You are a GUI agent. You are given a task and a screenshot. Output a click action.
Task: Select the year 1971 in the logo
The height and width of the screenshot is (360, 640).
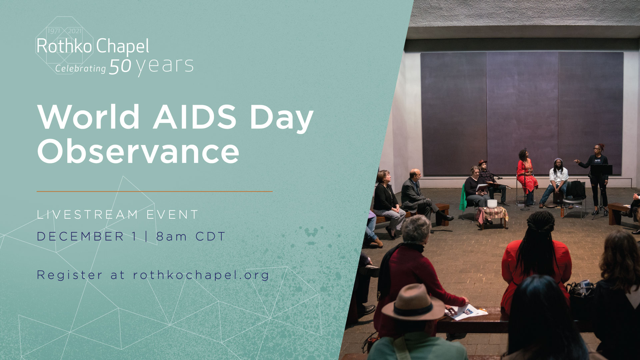tap(54, 31)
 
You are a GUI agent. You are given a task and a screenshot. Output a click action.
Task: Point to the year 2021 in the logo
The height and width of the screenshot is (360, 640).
tap(75, 31)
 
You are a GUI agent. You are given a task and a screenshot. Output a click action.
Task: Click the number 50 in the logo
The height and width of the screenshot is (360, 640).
tap(120, 66)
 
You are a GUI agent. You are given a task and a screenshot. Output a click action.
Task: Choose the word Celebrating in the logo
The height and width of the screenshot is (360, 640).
tap(80, 68)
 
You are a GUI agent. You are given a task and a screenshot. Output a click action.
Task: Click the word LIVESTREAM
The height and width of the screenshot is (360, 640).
tap(87, 215)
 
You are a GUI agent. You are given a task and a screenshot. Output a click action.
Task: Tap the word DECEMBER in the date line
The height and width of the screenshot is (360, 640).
tap(80, 236)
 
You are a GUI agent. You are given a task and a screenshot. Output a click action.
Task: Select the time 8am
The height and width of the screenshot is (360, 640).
tap(171, 236)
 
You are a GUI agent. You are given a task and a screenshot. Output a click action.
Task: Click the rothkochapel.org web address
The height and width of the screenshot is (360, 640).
tap(201, 275)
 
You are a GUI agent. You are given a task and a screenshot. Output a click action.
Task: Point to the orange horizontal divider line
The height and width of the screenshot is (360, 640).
tap(155, 191)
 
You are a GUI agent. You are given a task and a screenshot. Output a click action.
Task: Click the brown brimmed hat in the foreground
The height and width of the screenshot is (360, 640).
tap(413, 302)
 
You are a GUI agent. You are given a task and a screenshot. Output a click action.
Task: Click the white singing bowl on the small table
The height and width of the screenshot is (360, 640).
tap(492, 203)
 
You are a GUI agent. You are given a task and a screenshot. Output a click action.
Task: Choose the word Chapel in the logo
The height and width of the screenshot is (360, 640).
tap(123, 46)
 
